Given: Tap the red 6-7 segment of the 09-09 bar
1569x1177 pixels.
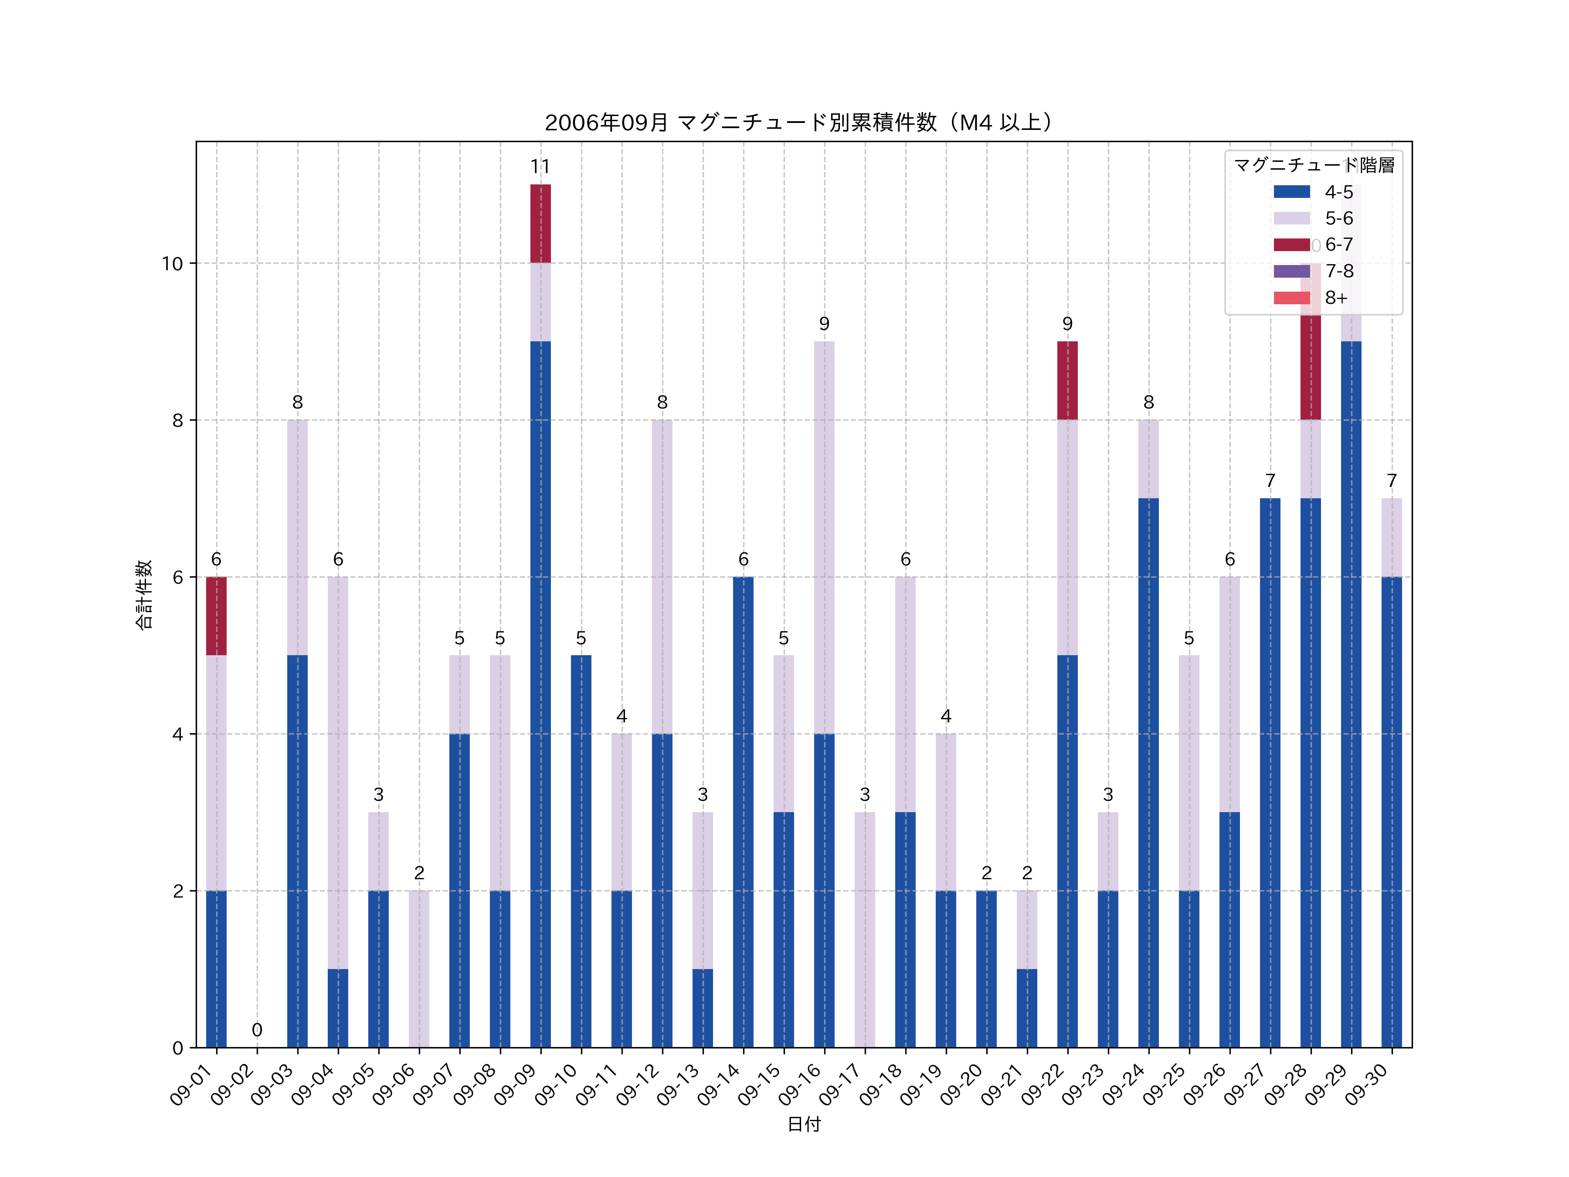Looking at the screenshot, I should [x=540, y=224].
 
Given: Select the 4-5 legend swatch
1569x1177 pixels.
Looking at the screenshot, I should [x=1292, y=191].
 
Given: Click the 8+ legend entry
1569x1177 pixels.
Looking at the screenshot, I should [x=1336, y=298].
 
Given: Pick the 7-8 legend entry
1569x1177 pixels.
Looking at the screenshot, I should [x=1338, y=271].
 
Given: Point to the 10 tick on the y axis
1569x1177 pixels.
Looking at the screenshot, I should [x=172, y=264].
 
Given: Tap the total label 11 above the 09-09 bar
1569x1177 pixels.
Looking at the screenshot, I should [x=540, y=167].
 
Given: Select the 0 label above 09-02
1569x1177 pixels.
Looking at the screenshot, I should [x=257, y=1029].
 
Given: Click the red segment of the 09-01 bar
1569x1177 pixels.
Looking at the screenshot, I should [x=216, y=616].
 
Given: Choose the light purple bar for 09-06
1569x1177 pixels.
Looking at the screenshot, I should [x=419, y=969].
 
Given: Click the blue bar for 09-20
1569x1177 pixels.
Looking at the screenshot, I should [x=986, y=969].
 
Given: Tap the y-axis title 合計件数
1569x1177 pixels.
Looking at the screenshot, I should [x=144, y=595].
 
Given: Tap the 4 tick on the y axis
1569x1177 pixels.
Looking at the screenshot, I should [x=177, y=734].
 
